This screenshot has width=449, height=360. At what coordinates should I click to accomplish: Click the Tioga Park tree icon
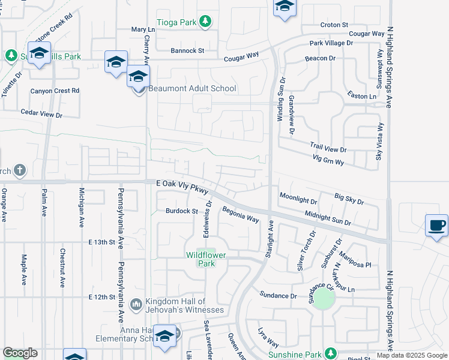(205, 22)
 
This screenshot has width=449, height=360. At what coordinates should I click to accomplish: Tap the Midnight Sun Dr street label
(327, 218)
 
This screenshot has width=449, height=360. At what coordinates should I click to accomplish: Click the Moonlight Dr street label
(298, 199)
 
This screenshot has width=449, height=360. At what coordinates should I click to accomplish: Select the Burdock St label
(182, 211)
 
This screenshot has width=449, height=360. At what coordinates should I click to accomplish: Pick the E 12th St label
(101, 297)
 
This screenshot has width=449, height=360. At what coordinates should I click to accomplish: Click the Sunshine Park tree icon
(330, 353)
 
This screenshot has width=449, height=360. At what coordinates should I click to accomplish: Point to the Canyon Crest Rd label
(55, 91)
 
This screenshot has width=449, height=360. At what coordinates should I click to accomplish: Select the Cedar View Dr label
(41, 113)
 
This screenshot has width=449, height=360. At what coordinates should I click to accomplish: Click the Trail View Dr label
(328, 148)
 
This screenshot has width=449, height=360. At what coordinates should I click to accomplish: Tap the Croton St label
(334, 25)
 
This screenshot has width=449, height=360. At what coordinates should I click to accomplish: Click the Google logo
(20, 353)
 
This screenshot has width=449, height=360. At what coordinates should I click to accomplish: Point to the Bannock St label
(187, 50)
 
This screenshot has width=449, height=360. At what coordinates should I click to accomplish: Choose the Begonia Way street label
(240, 215)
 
